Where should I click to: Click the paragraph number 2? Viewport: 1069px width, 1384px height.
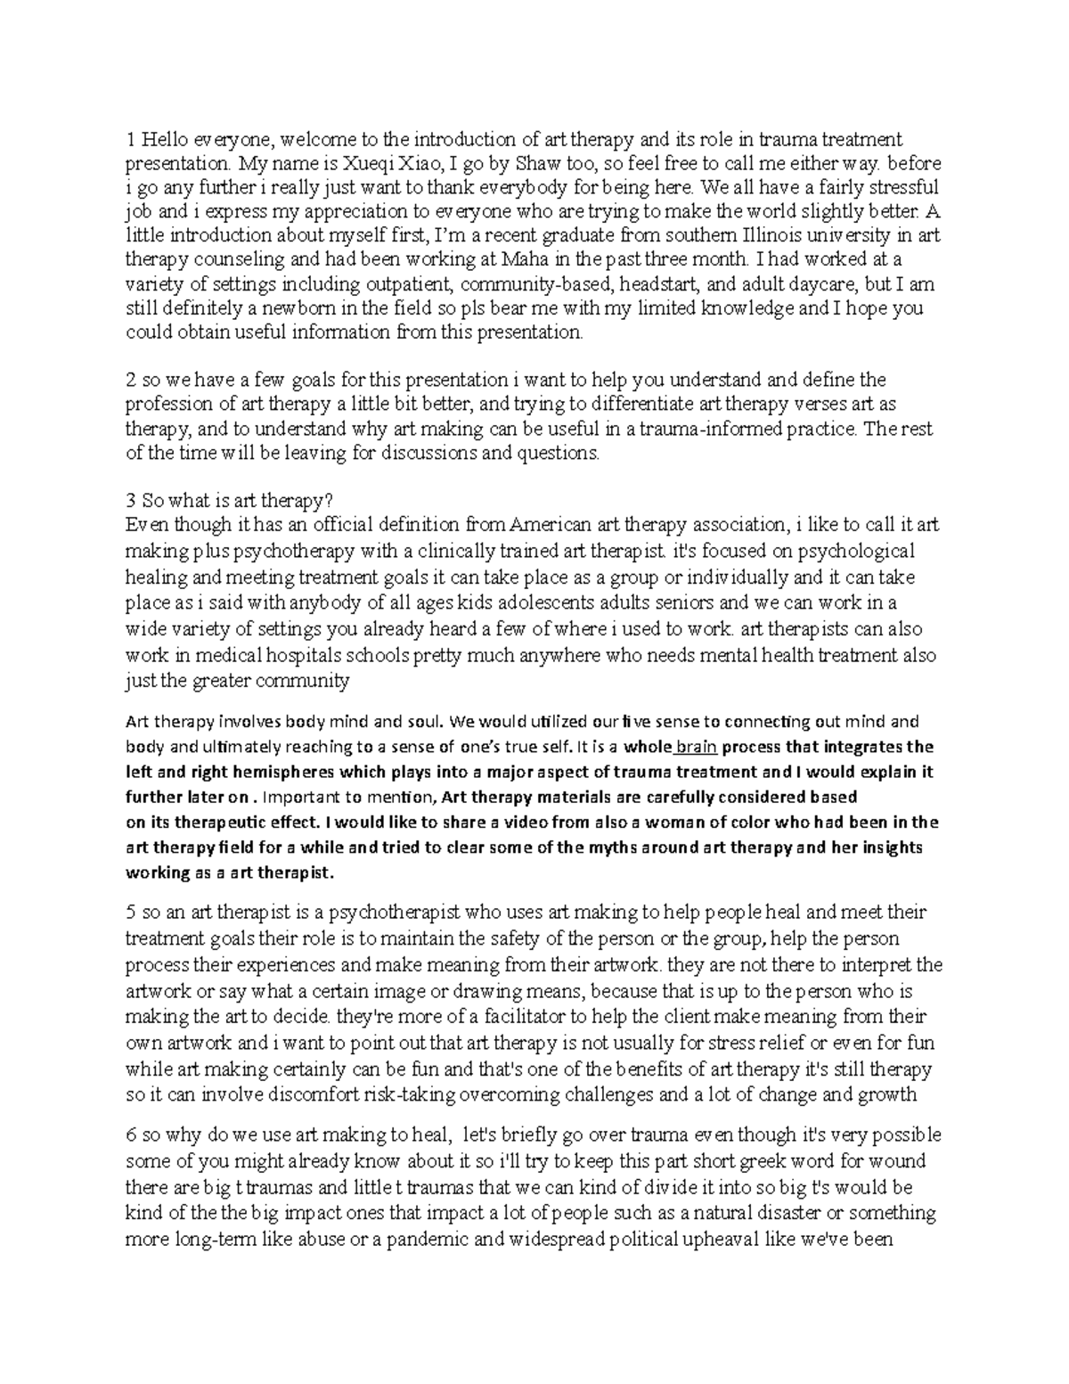[x=130, y=381]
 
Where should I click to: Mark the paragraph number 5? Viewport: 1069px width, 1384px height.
[x=130, y=913]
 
